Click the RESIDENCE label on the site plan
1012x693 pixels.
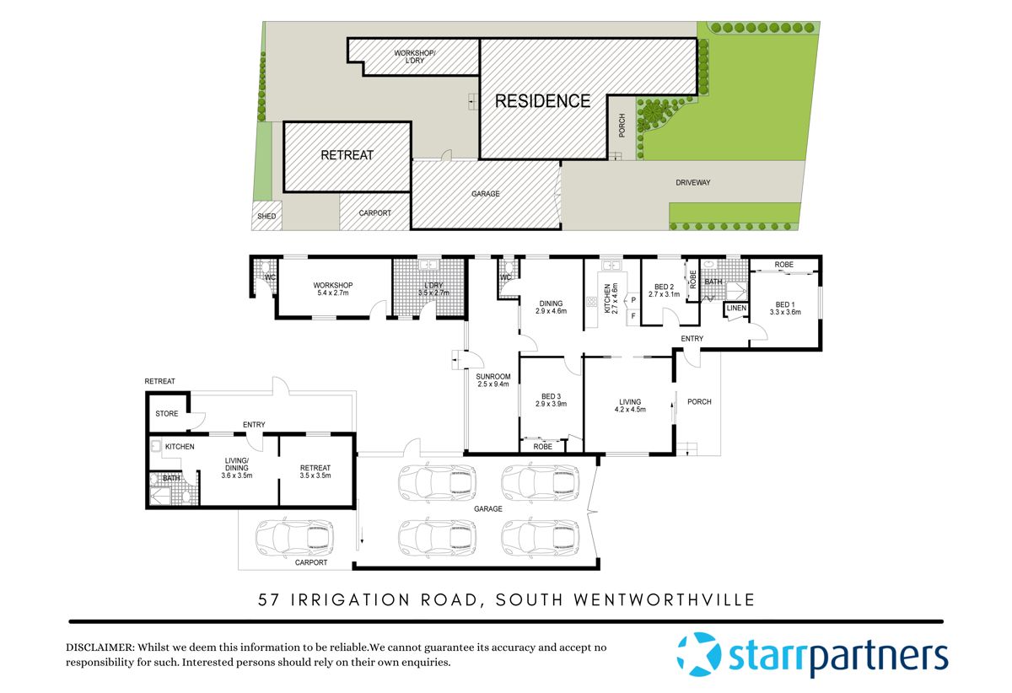tap(542, 101)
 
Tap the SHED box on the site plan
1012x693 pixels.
tap(266, 216)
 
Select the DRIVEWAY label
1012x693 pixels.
tap(693, 182)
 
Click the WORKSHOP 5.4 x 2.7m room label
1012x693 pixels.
tap(332, 289)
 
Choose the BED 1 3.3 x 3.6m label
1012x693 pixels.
tap(784, 308)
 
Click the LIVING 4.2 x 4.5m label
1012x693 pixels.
tap(629, 406)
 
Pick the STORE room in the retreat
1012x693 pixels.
tap(167, 414)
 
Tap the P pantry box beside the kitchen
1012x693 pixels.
tap(632, 298)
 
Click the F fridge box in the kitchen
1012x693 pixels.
tap(632, 316)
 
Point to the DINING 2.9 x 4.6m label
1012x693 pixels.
tap(551, 306)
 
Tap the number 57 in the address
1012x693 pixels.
tap(270, 600)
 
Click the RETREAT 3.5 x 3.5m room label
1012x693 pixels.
tap(315, 471)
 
